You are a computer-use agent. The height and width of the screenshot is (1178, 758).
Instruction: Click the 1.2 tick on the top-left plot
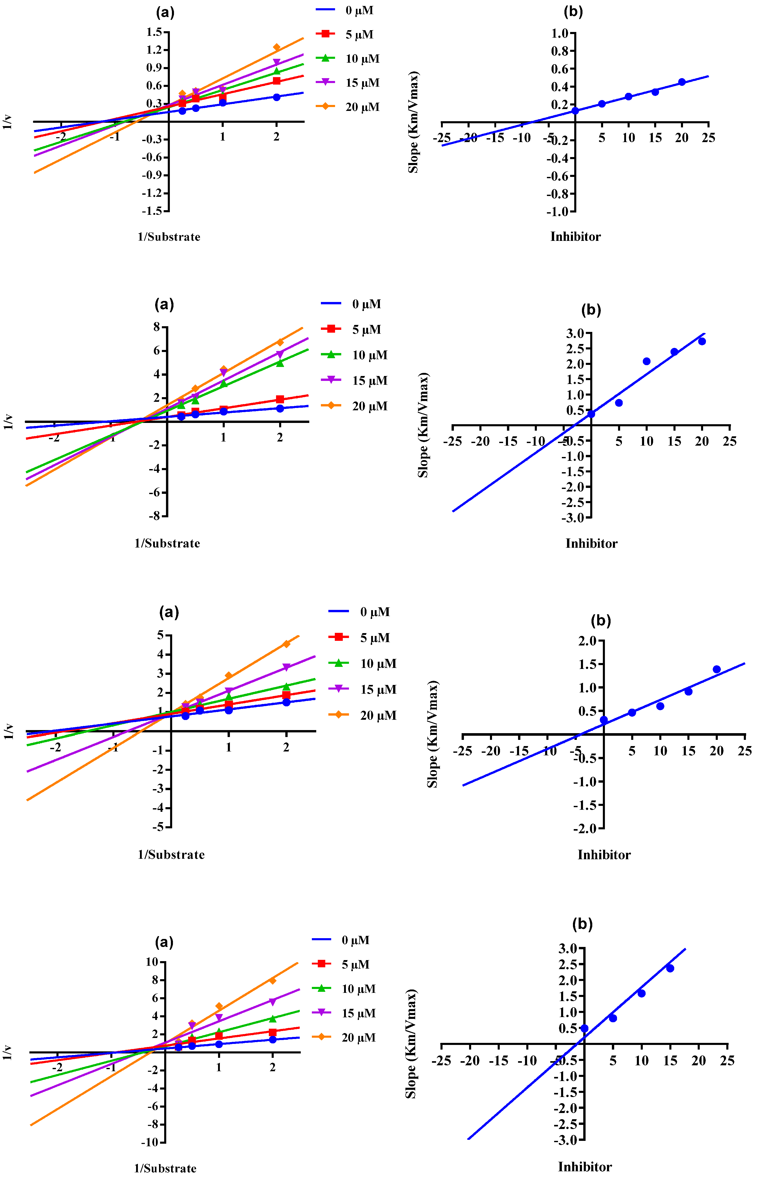coord(154,50)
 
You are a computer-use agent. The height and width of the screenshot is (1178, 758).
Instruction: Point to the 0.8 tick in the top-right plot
coord(560,51)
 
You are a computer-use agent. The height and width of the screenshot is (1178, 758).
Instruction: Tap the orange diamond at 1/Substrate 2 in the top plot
coord(277,47)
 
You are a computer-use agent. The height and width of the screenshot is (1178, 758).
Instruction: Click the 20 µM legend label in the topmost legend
coord(362,107)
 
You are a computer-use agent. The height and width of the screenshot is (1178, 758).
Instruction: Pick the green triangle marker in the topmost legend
coord(325,58)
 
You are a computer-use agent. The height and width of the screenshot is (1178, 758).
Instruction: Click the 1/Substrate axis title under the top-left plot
coord(169,237)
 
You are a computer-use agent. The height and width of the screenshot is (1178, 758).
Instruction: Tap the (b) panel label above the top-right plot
coord(573,12)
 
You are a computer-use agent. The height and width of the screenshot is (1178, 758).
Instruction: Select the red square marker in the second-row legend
coord(331,329)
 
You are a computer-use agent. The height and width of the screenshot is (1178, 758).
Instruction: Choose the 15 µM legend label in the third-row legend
coord(378,690)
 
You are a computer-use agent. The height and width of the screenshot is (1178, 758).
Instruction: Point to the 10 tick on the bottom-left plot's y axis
coord(151,962)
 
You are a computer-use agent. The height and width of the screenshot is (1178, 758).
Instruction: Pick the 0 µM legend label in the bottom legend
coord(355,941)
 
